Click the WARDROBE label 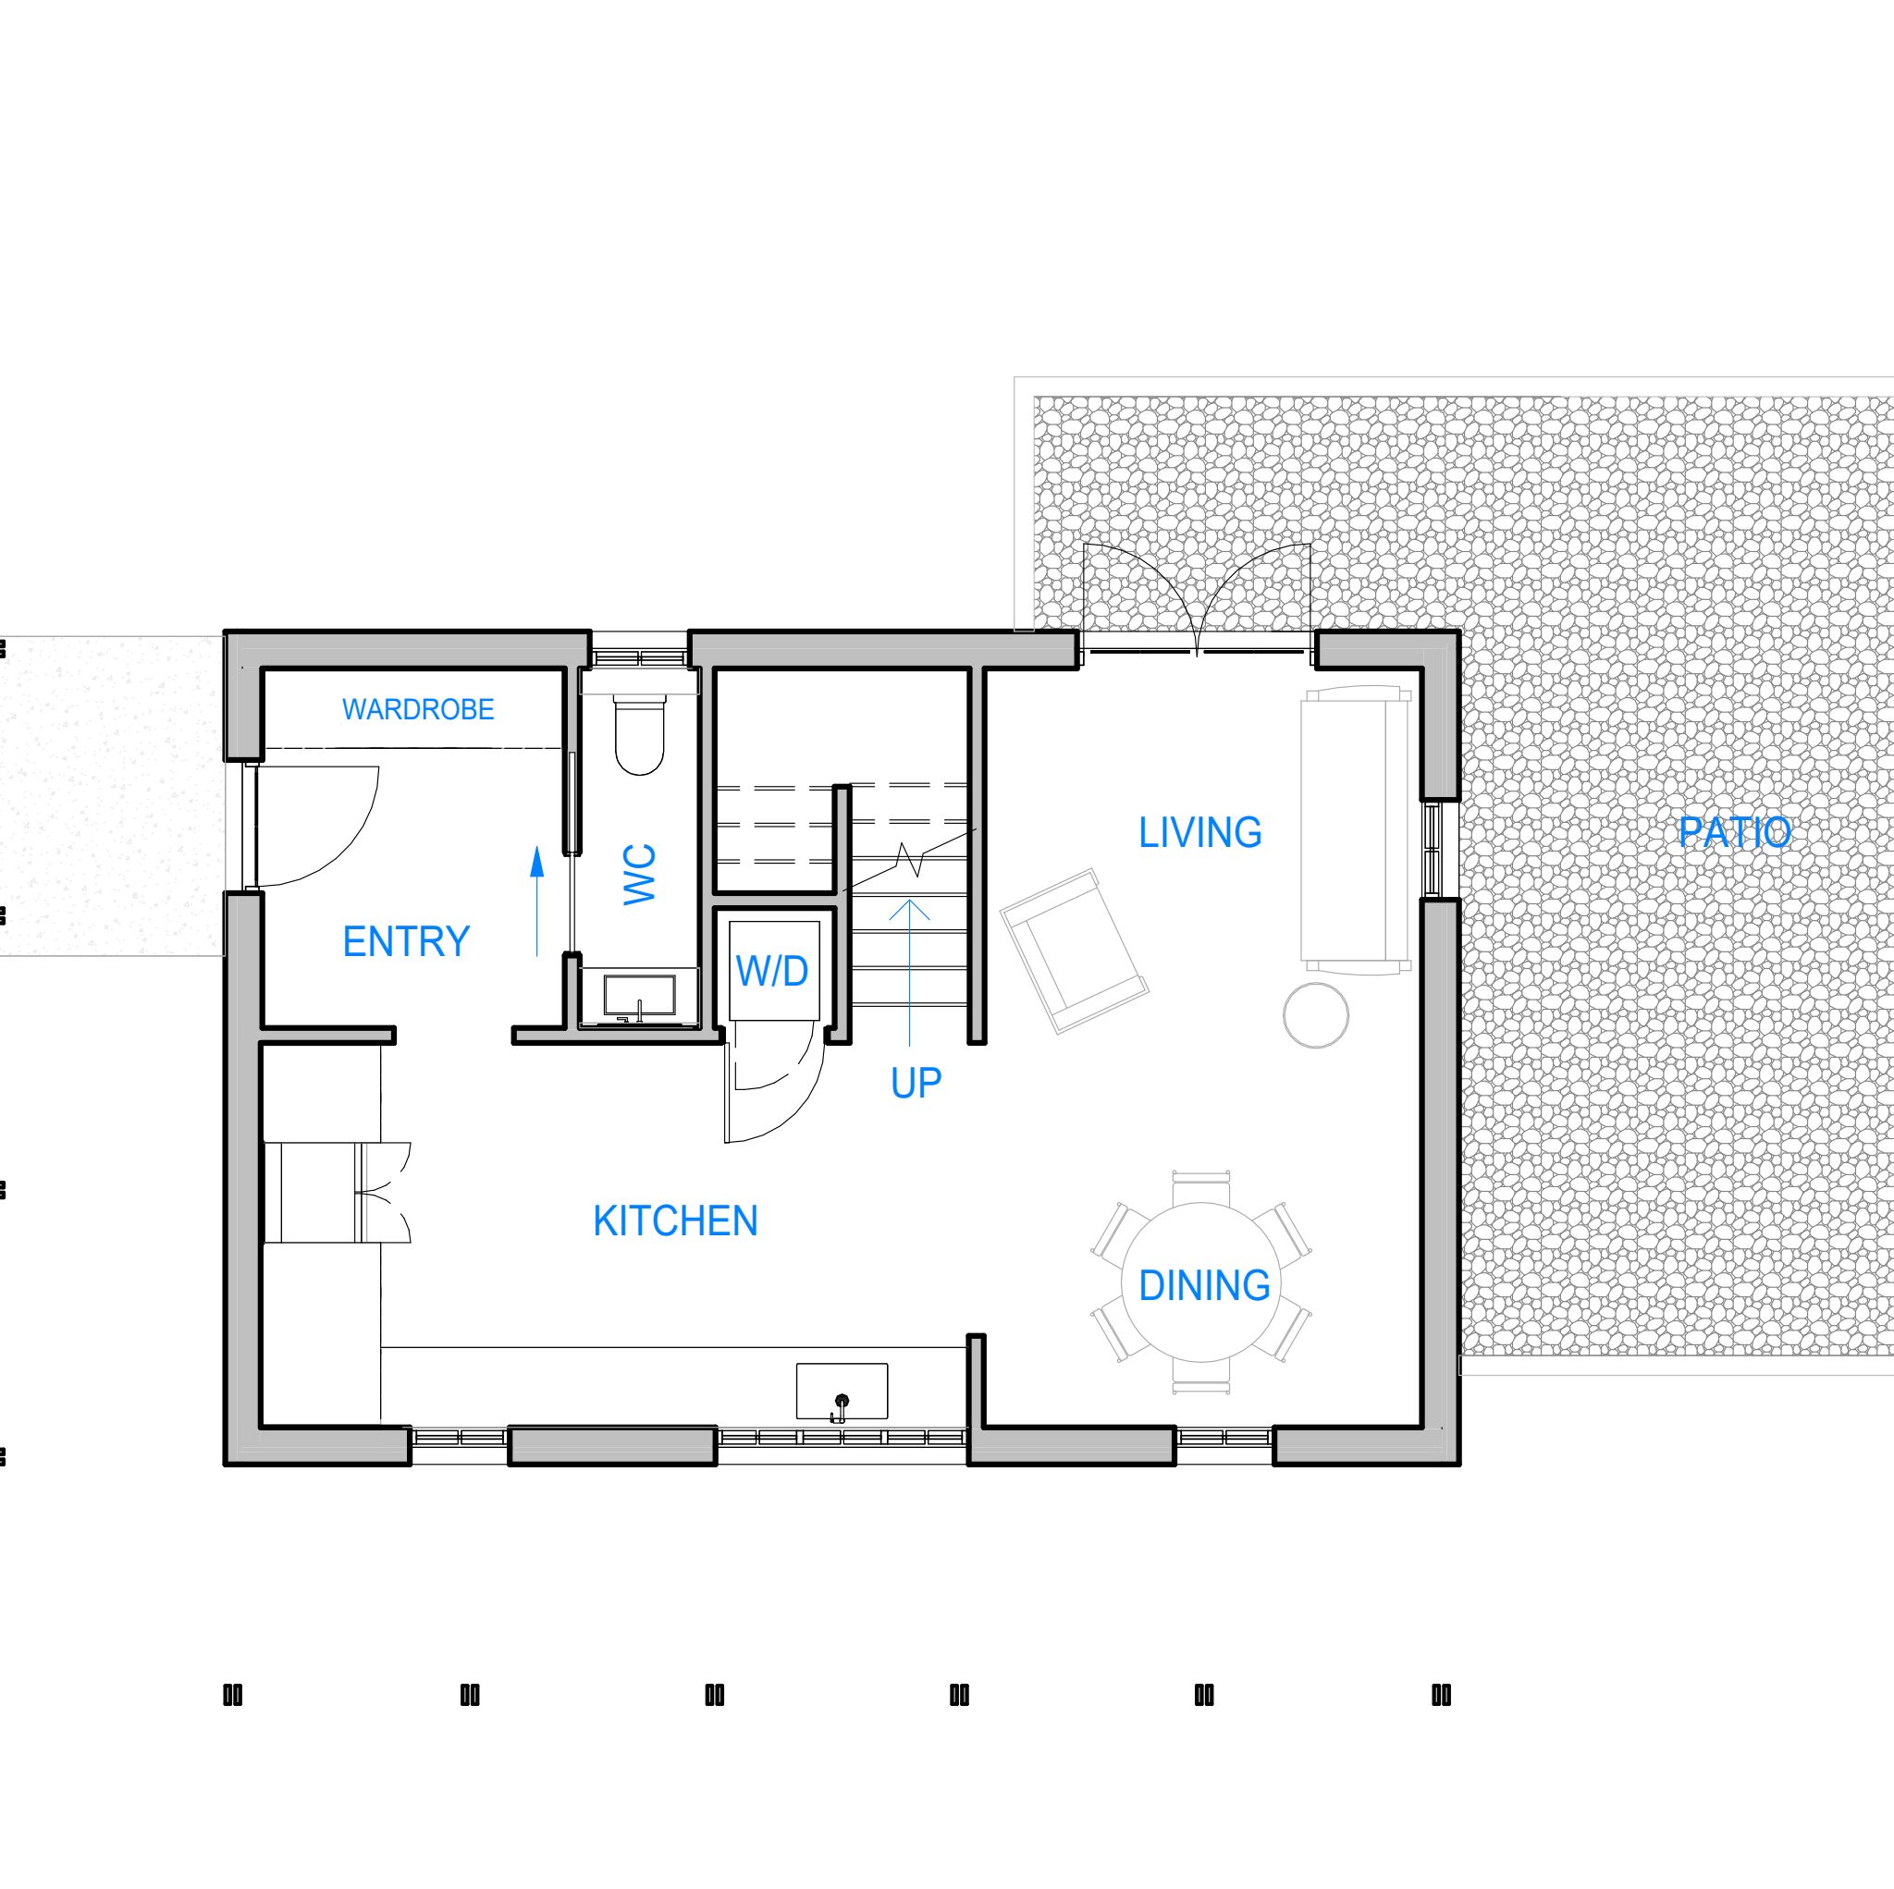pos(418,709)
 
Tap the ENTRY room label pos(406,941)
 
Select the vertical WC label pos(639,874)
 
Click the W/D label pos(772,971)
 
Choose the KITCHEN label pos(675,1221)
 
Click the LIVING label pos(1199,832)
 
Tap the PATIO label pos(1734,832)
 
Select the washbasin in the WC pos(639,996)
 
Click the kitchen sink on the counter pos(842,1391)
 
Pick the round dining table pos(1201,1282)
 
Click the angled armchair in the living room pos(1074,950)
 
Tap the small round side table pos(1316,1015)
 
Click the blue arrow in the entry pos(536,902)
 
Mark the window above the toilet pos(639,656)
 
